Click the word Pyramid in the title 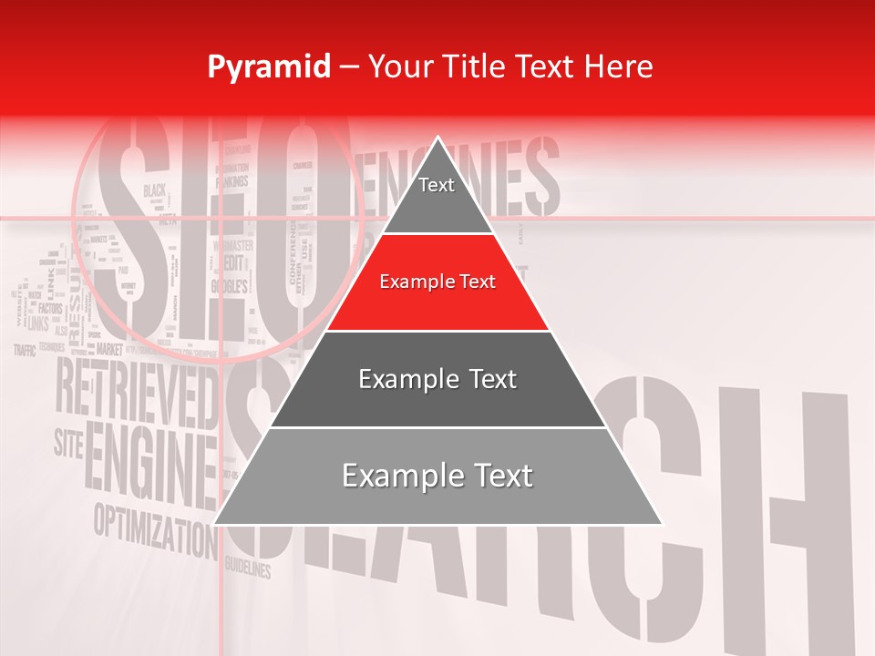[268, 67]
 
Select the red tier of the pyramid [437, 282]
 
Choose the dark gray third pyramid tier [437, 379]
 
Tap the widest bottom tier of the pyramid [437, 476]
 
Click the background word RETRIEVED [137, 387]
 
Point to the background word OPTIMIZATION [151, 527]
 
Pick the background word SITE [68, 444]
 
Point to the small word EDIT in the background [233, 262]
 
